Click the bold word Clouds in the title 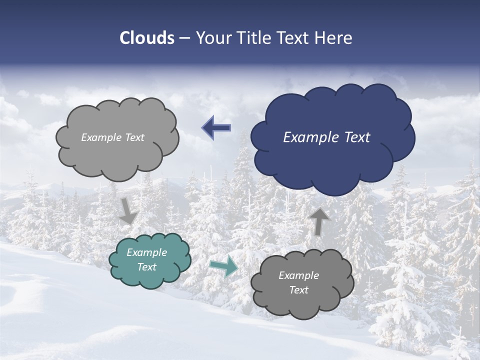click(147, 38)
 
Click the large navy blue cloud click(332, 160)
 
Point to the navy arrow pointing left click(216, 128)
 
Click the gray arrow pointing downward click(128, 210)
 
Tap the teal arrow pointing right click(223, 266)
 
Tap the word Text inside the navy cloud click(355, 137)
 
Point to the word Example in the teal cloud click(146, 252)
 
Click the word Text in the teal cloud click(147, 267)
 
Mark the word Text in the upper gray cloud click(133, 137)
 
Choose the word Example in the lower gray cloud click(298, 275)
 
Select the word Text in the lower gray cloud click(298, 290)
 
